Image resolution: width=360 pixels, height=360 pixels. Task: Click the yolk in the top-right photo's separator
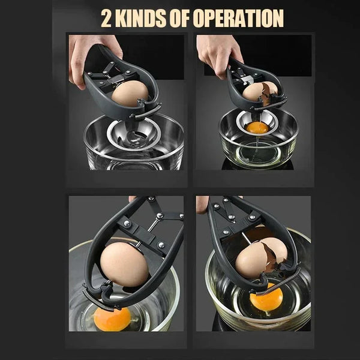(257, 127)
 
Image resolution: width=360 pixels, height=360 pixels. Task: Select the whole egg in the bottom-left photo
(124, 264)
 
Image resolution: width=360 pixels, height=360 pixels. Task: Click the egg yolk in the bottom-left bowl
(112, 319)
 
